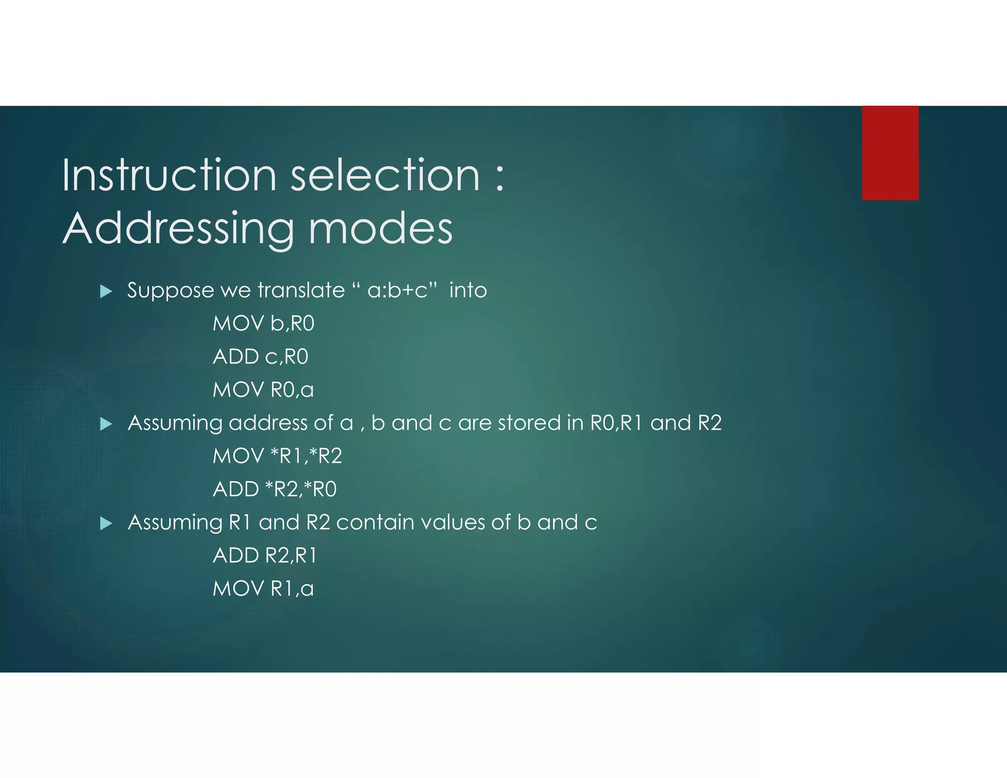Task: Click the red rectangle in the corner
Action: click(890, 152)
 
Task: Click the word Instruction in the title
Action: click(169, 175)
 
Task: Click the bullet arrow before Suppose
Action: click(106, 292)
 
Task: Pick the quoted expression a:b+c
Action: click(397, 291)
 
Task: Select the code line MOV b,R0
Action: click(263, 324)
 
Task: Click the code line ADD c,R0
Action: click(260, 357)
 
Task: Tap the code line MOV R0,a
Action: click(263, 390)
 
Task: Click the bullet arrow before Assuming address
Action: click(106, 424)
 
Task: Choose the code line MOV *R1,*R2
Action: click(277, 456)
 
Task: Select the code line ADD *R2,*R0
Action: click(274, 489)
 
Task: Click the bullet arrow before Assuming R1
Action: click(106, 523)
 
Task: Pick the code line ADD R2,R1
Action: click(265, 556)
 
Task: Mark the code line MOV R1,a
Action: click(263, 589)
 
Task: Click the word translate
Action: click(301, 291)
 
